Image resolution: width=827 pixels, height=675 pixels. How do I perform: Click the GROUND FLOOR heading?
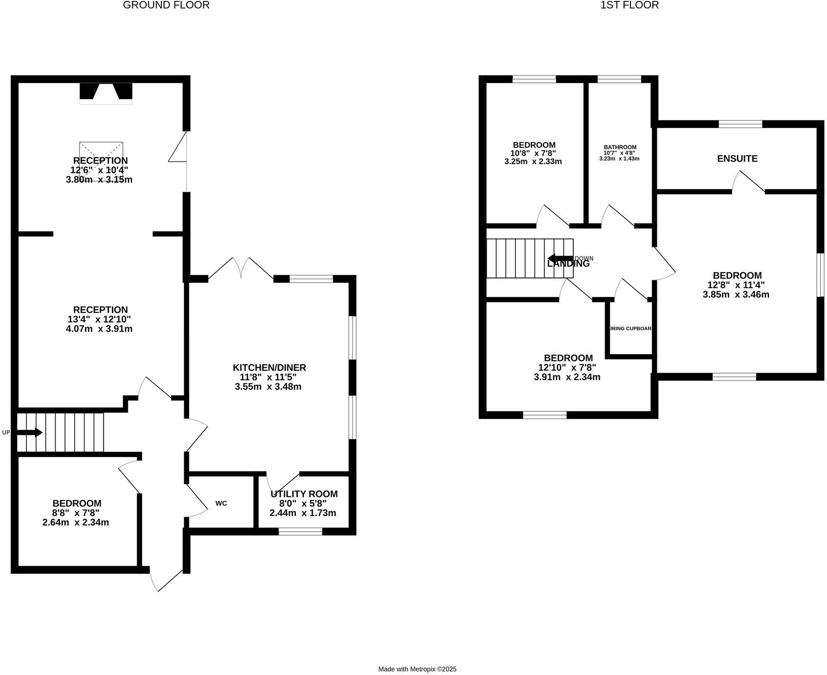pyautogui.click(x=166, y=5)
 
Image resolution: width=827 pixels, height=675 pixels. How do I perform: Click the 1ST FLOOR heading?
pyautogui.click(x=630, y=5)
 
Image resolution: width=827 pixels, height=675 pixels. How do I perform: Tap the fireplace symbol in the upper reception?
pyautogui.click(x=106, y=93)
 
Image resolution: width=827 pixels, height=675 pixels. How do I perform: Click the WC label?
pyautogui.click(x=221, y=503)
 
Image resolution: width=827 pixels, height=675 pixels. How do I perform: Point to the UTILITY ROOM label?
pyautogui.click(x=304, y=494)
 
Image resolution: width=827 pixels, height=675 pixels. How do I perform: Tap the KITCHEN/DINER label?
pyautogui.click(x=269, y=368)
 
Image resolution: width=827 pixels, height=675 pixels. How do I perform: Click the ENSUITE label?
pyautogui.click(x=737, y=159)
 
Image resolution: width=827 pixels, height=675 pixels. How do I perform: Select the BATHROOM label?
pyautogui.click(x=620, y=147)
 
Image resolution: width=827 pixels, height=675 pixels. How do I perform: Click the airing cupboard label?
pyautogui.click(x=631, y=329)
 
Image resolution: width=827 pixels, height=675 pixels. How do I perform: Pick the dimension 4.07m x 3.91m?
pyautogui.click(x=99, y=329)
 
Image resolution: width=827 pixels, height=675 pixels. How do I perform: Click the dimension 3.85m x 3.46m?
pyautogui.click(x=736, y=295)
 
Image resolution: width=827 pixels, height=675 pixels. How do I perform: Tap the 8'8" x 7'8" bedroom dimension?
pyautogui.click(x=76, y=513)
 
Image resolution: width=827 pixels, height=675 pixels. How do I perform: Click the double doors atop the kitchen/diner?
pyautogui.click(x=241, y=270)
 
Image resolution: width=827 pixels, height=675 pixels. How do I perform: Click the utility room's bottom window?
pyautogui.click(x=300, y=531)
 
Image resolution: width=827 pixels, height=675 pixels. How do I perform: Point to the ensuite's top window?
pyautogui.click(x=740, y=124)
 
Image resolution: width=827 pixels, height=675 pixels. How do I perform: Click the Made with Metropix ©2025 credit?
pyautogui.click(x=417, y=670)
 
